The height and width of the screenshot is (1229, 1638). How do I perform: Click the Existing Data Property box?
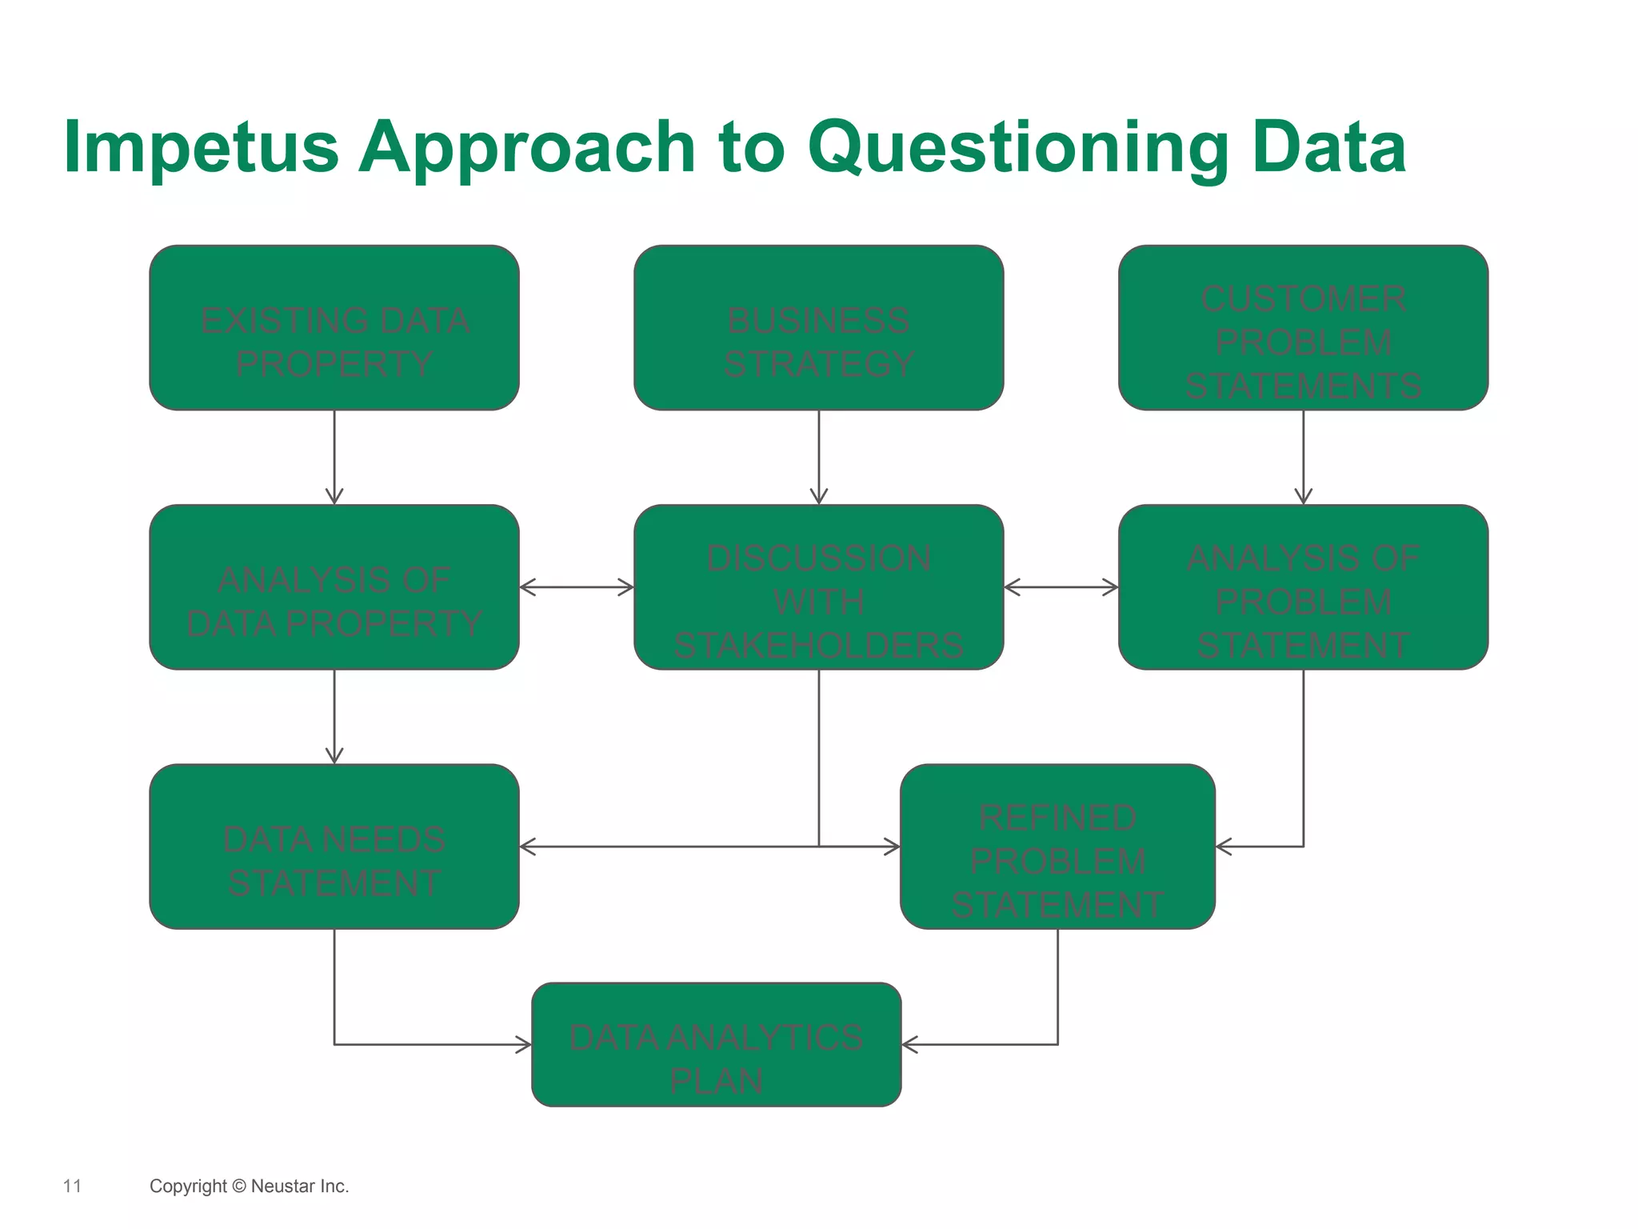(x=334, y=328)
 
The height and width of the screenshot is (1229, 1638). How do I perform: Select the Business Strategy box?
(x=818, y=328)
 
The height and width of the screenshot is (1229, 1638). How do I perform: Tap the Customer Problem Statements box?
(x=1303, y=328)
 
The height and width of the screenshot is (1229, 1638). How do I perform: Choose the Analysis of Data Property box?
(x=334, y=587)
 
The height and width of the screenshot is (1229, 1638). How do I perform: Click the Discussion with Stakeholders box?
(x=818, y=587)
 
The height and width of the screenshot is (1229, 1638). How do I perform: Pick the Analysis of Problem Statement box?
(x=1303, y=587)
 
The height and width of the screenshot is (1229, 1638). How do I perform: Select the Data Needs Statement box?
(x=334, y=847)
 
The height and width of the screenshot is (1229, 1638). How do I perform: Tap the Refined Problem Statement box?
(x=1057, y=847)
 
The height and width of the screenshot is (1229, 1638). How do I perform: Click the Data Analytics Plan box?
(x=716, y=1045)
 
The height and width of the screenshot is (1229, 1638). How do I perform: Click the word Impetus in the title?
(x=201, y=148)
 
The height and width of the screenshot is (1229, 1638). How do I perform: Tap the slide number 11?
(x=72, y=1186)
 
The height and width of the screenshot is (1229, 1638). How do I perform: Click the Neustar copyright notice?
(x=249, y=1186)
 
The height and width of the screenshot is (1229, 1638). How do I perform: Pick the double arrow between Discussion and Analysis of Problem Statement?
(x=1061, y=587)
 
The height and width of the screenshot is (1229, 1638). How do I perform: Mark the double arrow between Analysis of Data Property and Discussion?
(x=576, y=587)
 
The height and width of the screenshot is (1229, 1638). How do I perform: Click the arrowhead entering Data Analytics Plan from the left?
(x=523, y=1044)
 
